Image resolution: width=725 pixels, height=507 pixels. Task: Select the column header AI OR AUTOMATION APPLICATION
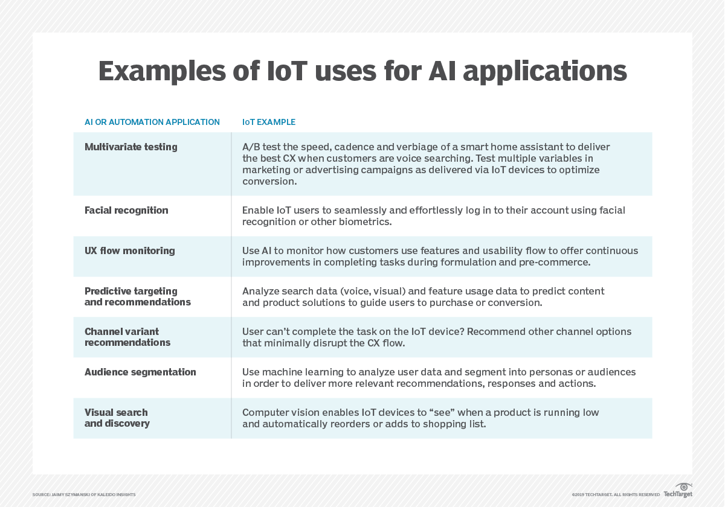coord(152,122)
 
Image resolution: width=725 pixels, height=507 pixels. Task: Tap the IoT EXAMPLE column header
coord(269,122)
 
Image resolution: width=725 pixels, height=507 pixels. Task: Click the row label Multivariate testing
coord(131,147)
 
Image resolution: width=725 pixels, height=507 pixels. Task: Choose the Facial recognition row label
coord(126,210)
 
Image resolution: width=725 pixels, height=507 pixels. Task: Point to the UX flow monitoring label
coord(130,250)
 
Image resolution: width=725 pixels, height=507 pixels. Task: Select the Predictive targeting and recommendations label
coord(138,296)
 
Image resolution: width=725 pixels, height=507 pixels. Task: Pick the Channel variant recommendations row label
coord(127,337)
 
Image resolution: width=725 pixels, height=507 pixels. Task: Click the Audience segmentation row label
coord(140,372)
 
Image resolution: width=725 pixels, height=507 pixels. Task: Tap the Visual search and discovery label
coord(117,418)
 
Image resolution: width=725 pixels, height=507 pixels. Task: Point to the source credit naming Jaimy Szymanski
coord(84,495)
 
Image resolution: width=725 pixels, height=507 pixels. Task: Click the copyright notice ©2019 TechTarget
coord(616,495)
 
